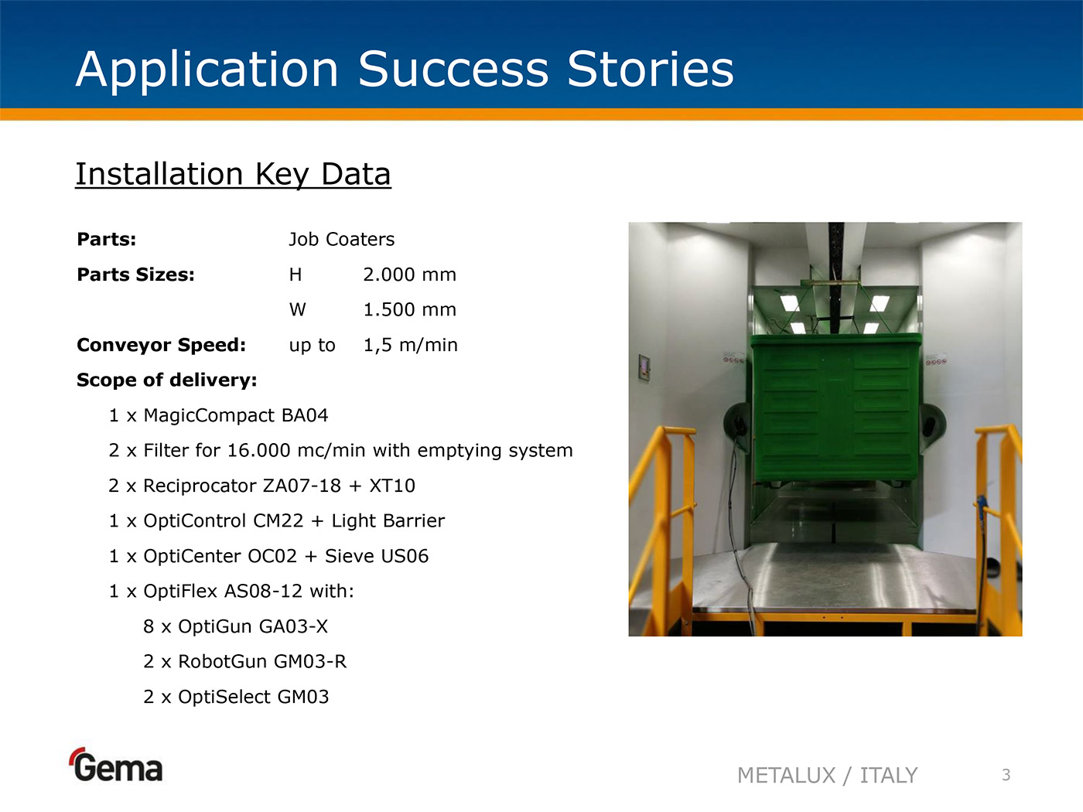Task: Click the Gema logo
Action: coord(116,765)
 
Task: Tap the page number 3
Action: coord(1006,775)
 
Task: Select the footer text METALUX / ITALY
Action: coord(828,776)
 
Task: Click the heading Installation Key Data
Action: coord(233,174)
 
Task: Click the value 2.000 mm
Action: coord(409,275)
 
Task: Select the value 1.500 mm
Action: coord(409,309)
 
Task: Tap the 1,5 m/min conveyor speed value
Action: coord(411,345)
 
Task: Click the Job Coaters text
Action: coord(341,239)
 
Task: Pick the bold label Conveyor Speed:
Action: coord(162,345)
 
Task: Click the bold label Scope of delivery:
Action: coord(167,380)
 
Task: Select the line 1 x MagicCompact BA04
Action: coord(218,415)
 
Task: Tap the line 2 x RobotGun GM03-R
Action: coord(244,662)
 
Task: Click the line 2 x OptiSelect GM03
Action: coord(236,697)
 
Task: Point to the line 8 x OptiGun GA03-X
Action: coord(235,626)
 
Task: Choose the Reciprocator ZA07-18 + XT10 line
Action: coord(261,486)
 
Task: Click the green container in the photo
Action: coord(835,408)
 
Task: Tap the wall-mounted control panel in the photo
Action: coord(644,367)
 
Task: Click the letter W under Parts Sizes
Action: coord(298,309)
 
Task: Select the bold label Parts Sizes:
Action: coord(135,275)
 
